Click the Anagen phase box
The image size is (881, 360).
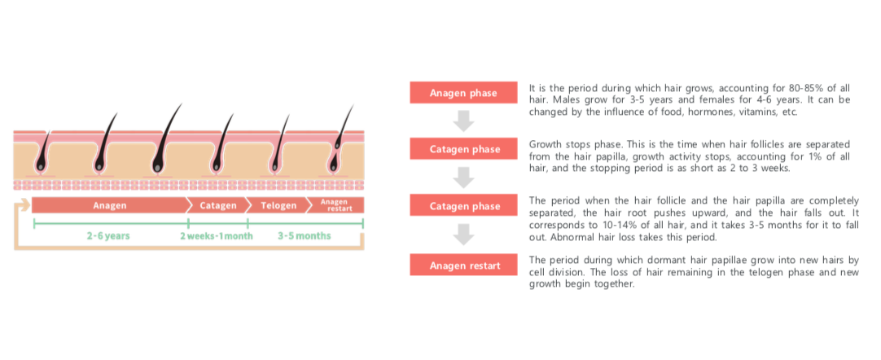463,93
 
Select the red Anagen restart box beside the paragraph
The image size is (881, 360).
463,265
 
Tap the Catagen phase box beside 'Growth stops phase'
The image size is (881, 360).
463,149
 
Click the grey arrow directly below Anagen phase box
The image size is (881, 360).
463,121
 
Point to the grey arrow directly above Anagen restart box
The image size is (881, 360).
463,235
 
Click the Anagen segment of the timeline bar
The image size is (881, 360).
109,205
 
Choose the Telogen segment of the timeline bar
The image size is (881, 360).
278,205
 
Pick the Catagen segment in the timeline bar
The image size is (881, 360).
219,205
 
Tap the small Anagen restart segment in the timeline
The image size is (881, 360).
339,205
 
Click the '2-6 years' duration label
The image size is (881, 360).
108,236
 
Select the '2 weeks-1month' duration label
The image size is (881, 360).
217,236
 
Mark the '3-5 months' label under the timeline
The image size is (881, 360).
303,236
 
